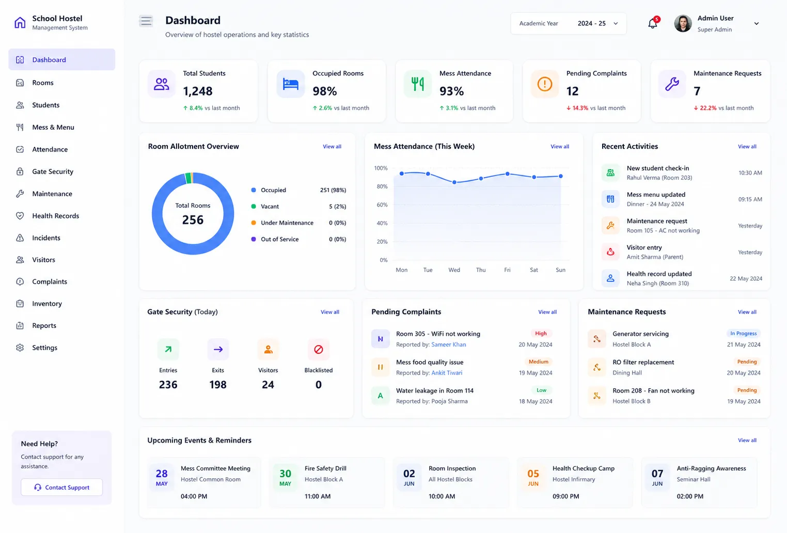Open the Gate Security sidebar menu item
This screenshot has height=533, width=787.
click(53, 171)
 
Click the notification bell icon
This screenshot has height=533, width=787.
click(652, 23)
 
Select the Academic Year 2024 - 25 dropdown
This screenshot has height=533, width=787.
click(568, 24)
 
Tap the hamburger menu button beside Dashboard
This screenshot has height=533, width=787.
click(146, 21)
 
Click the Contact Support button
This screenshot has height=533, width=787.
click(62, 487)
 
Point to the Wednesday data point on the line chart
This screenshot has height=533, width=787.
click(454, 182)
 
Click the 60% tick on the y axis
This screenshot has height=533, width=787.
click(382, 205)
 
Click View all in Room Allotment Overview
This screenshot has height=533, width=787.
click(332, 147)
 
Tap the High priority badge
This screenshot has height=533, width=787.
click(541, 333)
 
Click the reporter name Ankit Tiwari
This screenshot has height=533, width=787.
click(447, 372)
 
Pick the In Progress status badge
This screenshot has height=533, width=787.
click(744, 333)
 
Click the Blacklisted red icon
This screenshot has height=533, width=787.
click(318, 349)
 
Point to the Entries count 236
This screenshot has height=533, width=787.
click(168, 384)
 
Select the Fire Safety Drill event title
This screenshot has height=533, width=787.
click(325, 468)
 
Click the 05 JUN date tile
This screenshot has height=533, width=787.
click(533, 477)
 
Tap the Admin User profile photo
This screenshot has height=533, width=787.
click(683, 24)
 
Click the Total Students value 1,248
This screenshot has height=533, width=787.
click(198, 91)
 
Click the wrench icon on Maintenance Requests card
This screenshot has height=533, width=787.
click(672, 84)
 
